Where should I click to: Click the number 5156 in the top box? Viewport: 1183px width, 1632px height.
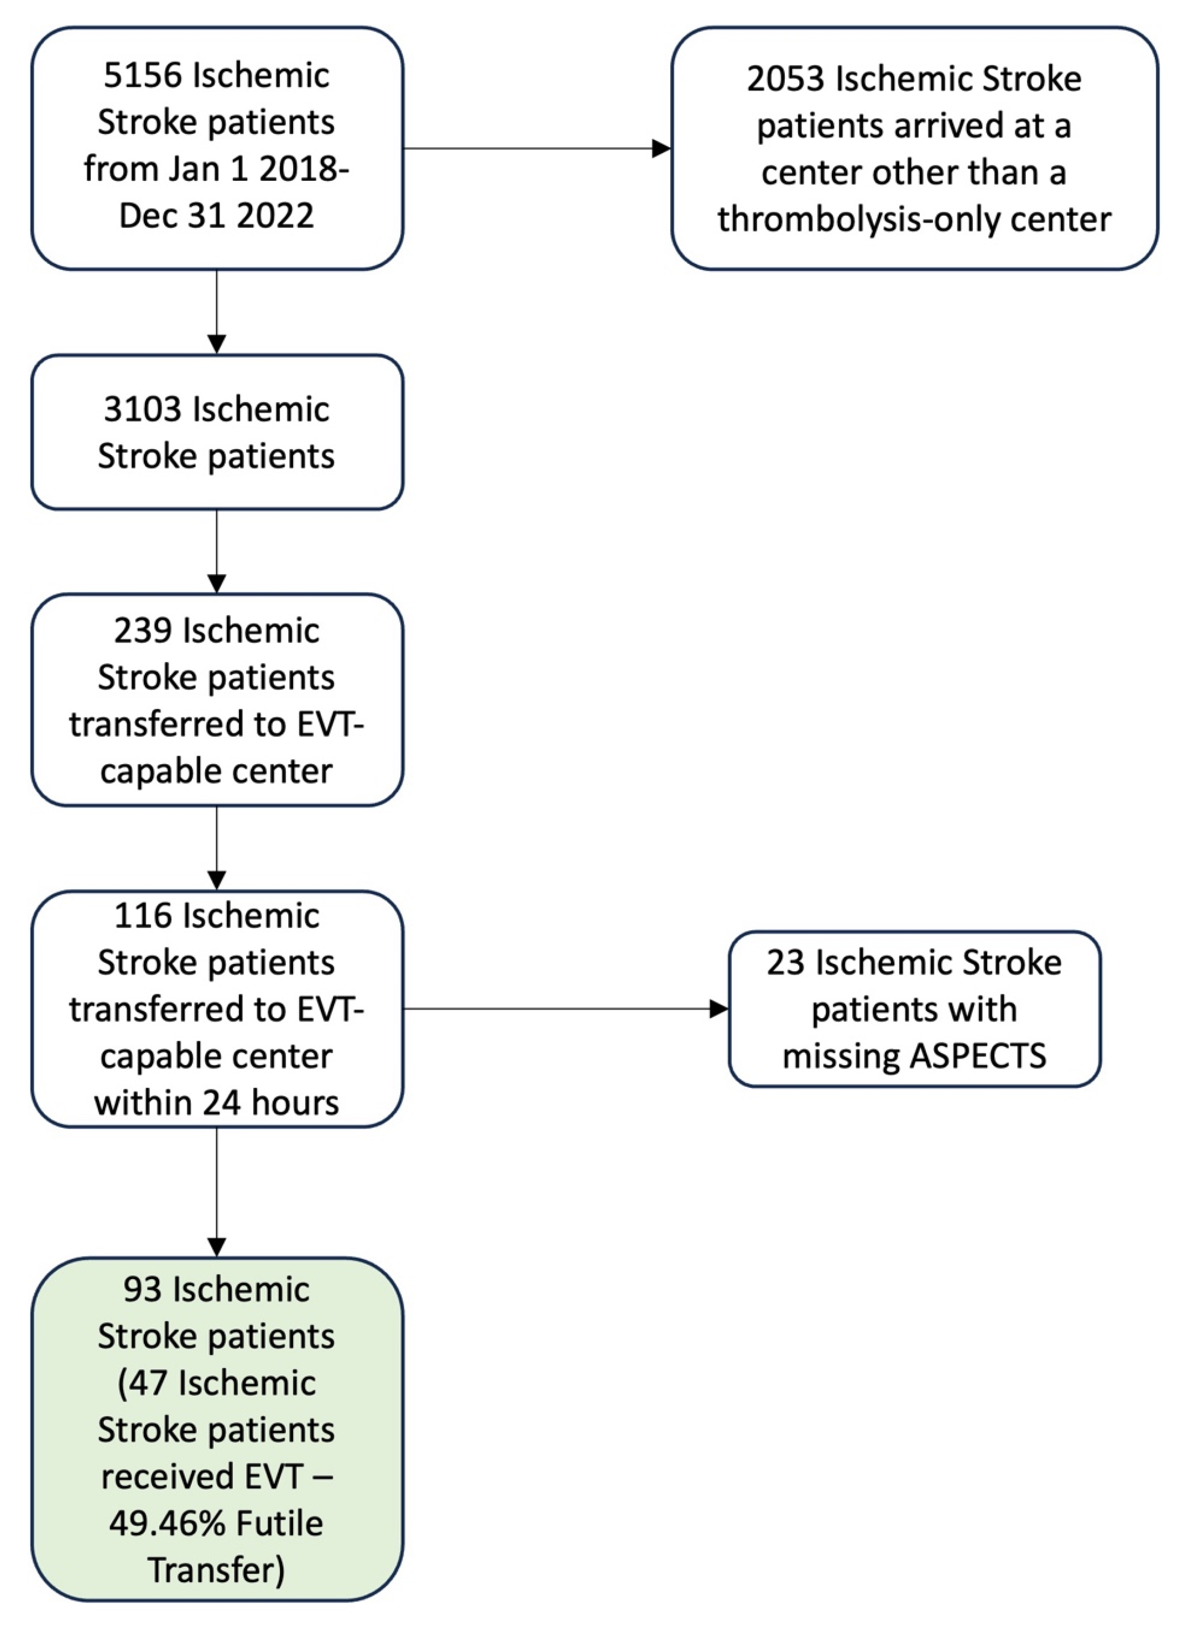(x=143, y=76)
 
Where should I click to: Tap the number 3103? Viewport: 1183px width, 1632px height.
(x=143, y=409)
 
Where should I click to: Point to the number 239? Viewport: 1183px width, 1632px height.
(x=143, y=631)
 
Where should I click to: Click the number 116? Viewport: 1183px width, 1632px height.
(x=144, y=916)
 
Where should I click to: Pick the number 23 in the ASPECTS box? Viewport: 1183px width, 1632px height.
(x=784, y=963)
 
